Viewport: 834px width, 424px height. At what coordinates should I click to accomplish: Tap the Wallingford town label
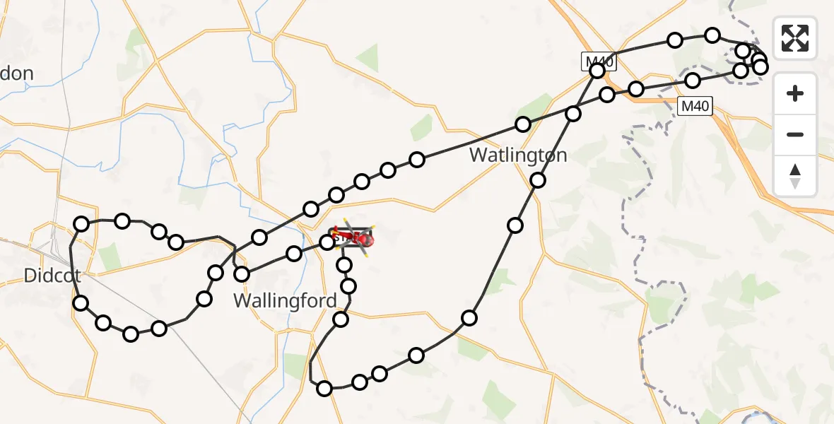[285, 300]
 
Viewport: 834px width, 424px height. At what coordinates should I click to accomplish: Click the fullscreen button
[795, 38]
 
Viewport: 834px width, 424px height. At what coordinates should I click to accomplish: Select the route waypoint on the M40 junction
[598, 71]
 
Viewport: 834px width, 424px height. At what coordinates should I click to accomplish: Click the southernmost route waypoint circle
[324, 388]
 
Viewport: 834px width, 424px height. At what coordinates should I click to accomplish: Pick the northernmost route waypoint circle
[712, 35]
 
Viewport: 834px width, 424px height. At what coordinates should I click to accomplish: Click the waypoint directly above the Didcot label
[81, 224]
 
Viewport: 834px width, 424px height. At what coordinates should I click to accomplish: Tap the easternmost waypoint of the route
[760, 67]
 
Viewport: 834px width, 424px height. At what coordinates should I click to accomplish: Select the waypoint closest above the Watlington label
[522, 124]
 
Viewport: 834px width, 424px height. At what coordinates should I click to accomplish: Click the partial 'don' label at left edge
[17, 73]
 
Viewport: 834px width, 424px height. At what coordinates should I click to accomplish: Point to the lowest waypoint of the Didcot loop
[131, 334]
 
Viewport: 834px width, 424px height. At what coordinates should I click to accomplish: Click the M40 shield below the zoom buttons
[695, 107]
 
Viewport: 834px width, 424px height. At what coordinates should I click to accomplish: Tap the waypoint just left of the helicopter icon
[327, 243]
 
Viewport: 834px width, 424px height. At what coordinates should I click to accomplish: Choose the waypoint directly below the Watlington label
[538, 180]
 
